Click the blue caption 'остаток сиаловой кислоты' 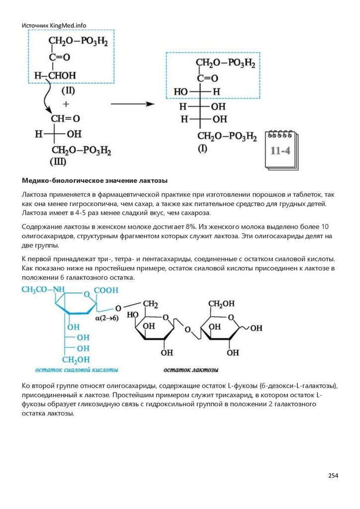coord(77,370)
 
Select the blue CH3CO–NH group coord(44,290)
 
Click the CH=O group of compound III coord(65,119)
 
